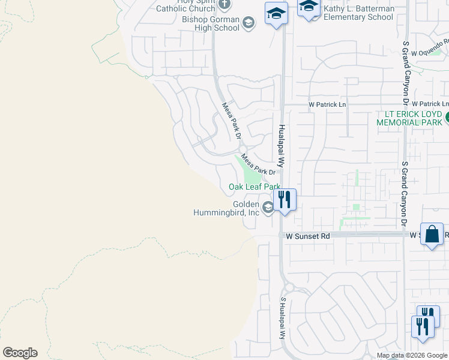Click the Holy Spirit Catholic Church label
185,5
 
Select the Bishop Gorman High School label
211,23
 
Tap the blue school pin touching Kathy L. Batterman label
309,8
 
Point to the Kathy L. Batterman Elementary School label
359,13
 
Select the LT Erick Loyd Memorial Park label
409,118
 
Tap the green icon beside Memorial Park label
446,119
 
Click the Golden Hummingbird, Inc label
226,208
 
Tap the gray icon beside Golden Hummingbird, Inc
268,208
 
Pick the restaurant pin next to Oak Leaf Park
285,199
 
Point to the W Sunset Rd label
308,236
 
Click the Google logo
20,353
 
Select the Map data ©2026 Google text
412,355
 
